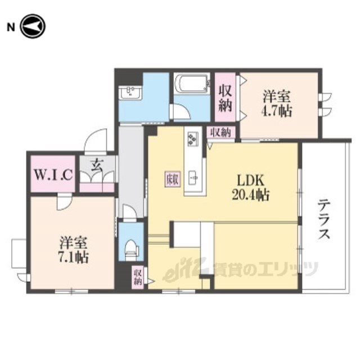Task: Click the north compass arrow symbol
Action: click(x=33, y=26)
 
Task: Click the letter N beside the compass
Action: click(x=11, y=28)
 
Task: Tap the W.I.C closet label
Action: click(x=53, y=175)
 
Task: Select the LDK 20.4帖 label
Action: click(x=250, y=188)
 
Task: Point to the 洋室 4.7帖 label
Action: click(x=277, y=104)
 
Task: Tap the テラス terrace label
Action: click(x=324, y=219)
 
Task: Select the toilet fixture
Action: click(x=131, y=250)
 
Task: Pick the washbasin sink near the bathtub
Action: click(x=130, y=92)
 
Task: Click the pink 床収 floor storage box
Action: click(x=173, y=179)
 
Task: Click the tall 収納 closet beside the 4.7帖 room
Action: click(x=225, y=97)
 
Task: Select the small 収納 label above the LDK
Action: click(x=221, y=133)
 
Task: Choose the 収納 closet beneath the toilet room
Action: click(x=138, y=277)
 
